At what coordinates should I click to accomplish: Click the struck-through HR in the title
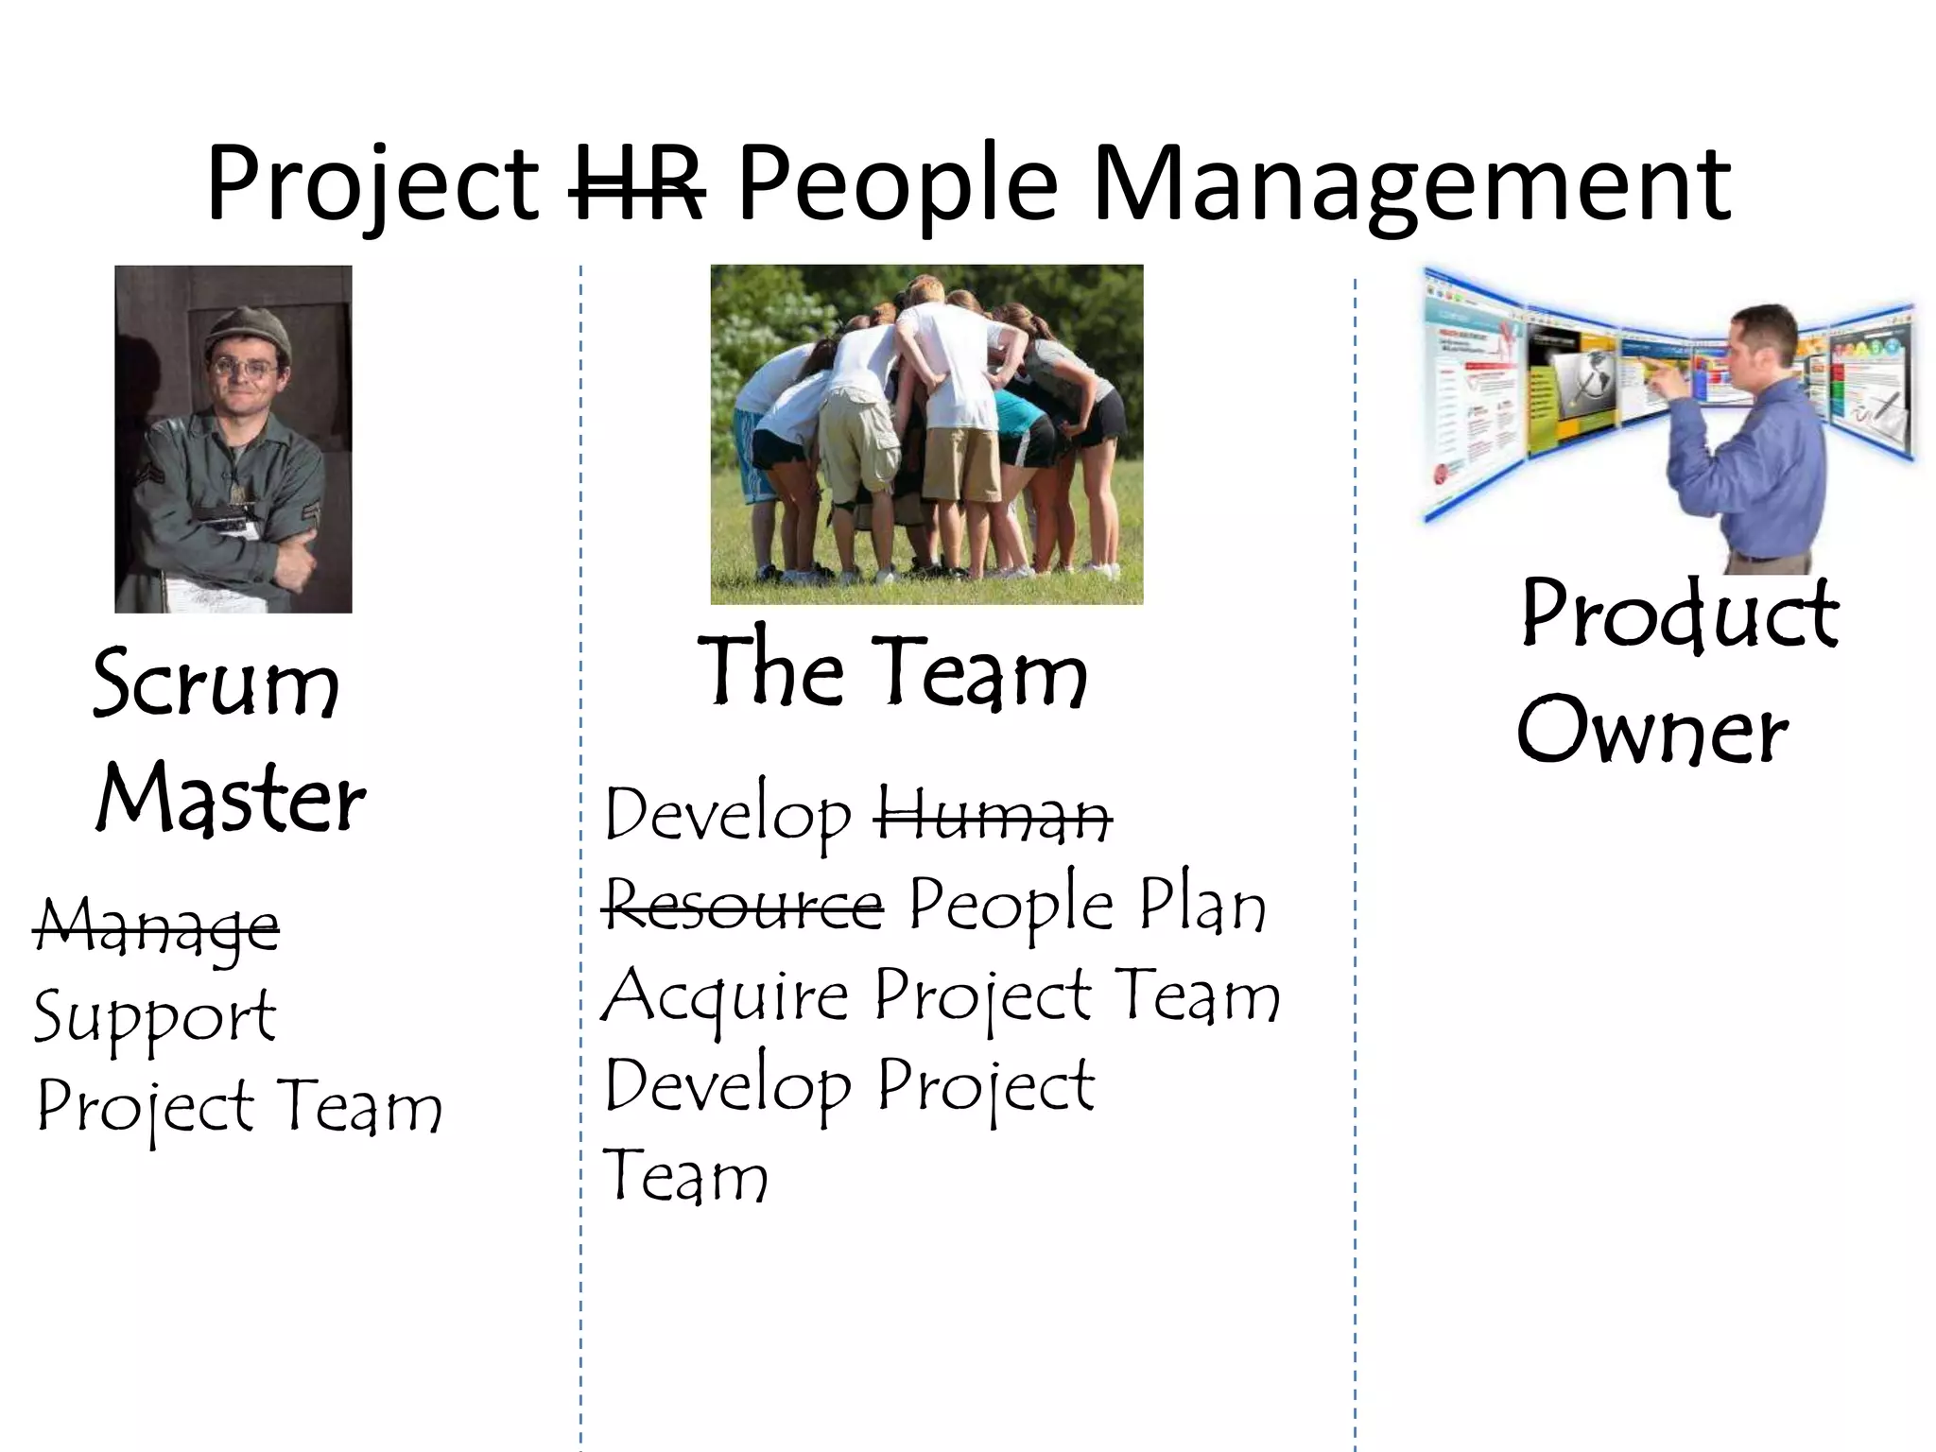point(637,184)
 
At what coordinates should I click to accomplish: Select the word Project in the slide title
point(372,184)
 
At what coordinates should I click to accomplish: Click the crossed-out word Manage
point(157,926)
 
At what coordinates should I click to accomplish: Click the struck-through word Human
point(993,815)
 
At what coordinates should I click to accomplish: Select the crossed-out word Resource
point(744,906)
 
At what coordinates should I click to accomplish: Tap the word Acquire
point(726,996)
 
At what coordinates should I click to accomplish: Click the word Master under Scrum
point(231,800)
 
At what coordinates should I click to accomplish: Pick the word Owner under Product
point(1652,730)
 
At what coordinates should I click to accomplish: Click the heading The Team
point(892,671)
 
